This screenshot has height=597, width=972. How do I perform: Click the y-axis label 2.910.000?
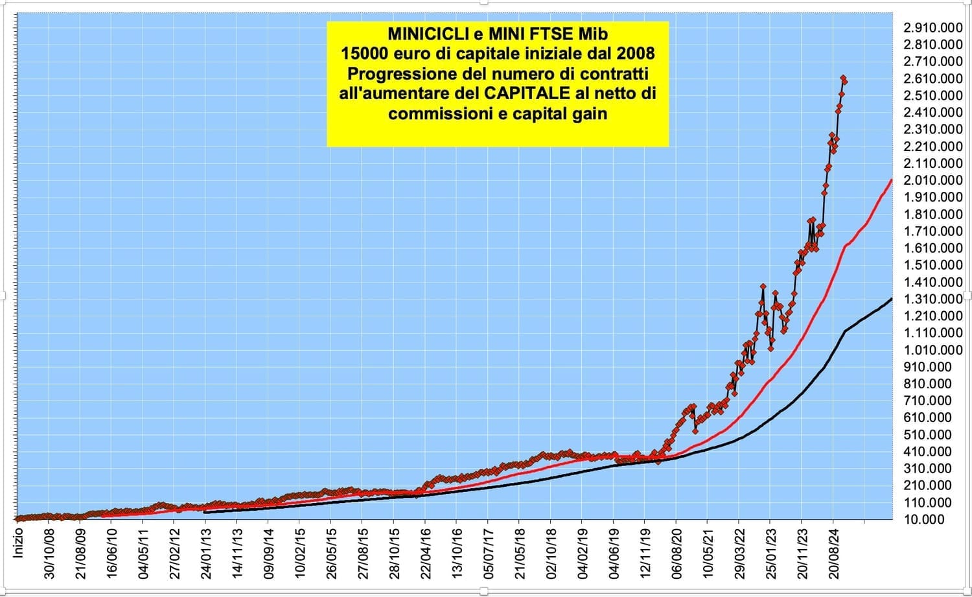coord(932,28)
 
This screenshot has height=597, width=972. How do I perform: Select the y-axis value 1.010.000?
coord(932,350)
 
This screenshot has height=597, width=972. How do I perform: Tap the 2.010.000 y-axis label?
coord(932,180)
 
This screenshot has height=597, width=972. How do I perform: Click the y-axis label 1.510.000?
coord(932,265)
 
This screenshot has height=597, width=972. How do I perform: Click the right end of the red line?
coord(892,180)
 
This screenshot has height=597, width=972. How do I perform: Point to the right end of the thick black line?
coord(892,299)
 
